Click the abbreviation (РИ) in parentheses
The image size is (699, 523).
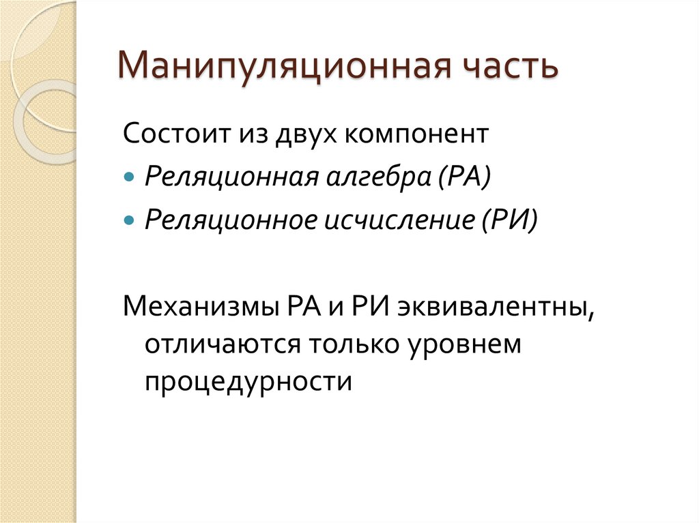click(x=511, y=221)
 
